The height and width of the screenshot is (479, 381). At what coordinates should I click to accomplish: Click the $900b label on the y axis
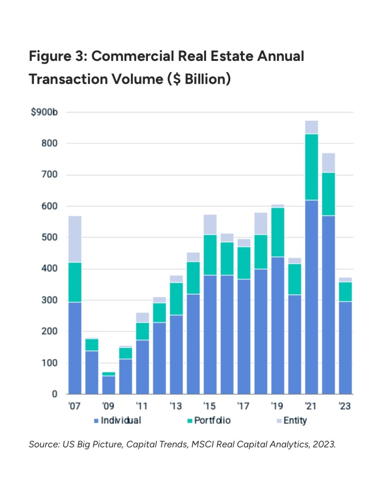click(41, 113)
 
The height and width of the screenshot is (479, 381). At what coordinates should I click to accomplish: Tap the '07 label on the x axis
click(74, 406)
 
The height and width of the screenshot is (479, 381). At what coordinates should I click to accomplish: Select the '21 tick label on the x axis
click(311, 406)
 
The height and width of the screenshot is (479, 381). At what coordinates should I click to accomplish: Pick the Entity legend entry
click(295, 420)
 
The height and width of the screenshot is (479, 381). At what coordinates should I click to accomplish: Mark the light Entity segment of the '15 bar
click(210, 224)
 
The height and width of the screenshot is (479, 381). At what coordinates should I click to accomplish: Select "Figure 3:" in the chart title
click(58, 57)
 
